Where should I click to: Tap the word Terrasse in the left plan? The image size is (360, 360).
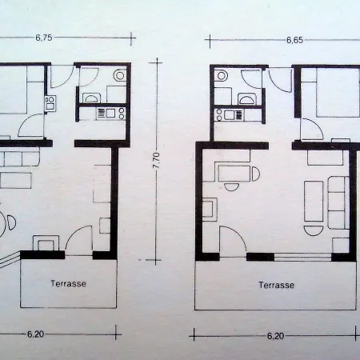pos(68,282)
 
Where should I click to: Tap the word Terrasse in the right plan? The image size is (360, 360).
pos(276,285)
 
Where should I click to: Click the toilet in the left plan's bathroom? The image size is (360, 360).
pos(119,77)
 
